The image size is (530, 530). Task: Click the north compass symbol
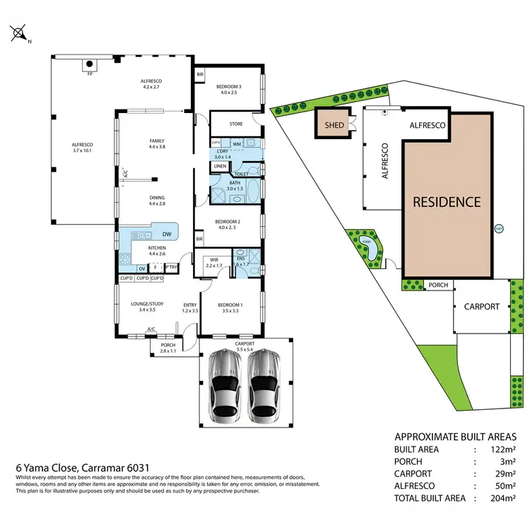point(19,33)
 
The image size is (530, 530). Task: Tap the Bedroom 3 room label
point(230,88)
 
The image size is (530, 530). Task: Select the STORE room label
point(236,124)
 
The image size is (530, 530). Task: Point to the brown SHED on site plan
point(334,125)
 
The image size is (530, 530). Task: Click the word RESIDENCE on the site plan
point(447,201)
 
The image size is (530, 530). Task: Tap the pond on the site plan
point(366,244)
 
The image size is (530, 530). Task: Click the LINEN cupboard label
point(220,166)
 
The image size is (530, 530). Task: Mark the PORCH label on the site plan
point(438,285)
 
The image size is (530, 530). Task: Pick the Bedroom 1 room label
point(230,306)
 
